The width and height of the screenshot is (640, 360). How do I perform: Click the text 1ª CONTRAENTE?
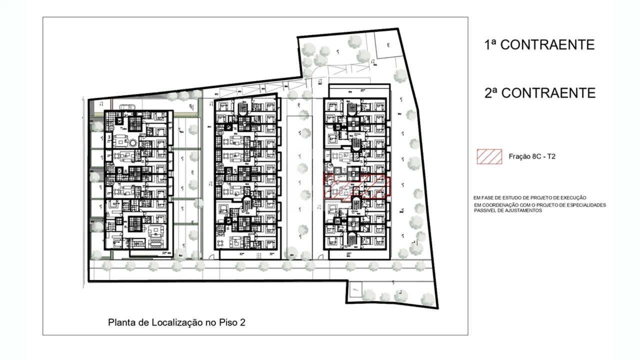coord(539,44)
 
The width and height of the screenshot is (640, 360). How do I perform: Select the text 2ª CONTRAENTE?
coord(540,93)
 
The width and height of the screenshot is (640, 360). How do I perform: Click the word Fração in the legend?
coord(519,156)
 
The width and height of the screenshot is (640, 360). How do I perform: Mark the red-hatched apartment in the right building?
coord(355,186)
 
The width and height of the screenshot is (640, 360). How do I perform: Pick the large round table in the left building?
coord(133,143)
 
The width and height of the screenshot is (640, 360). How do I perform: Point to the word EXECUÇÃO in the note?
coord(572,198)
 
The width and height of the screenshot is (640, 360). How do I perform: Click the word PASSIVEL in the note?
coord(484,210)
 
